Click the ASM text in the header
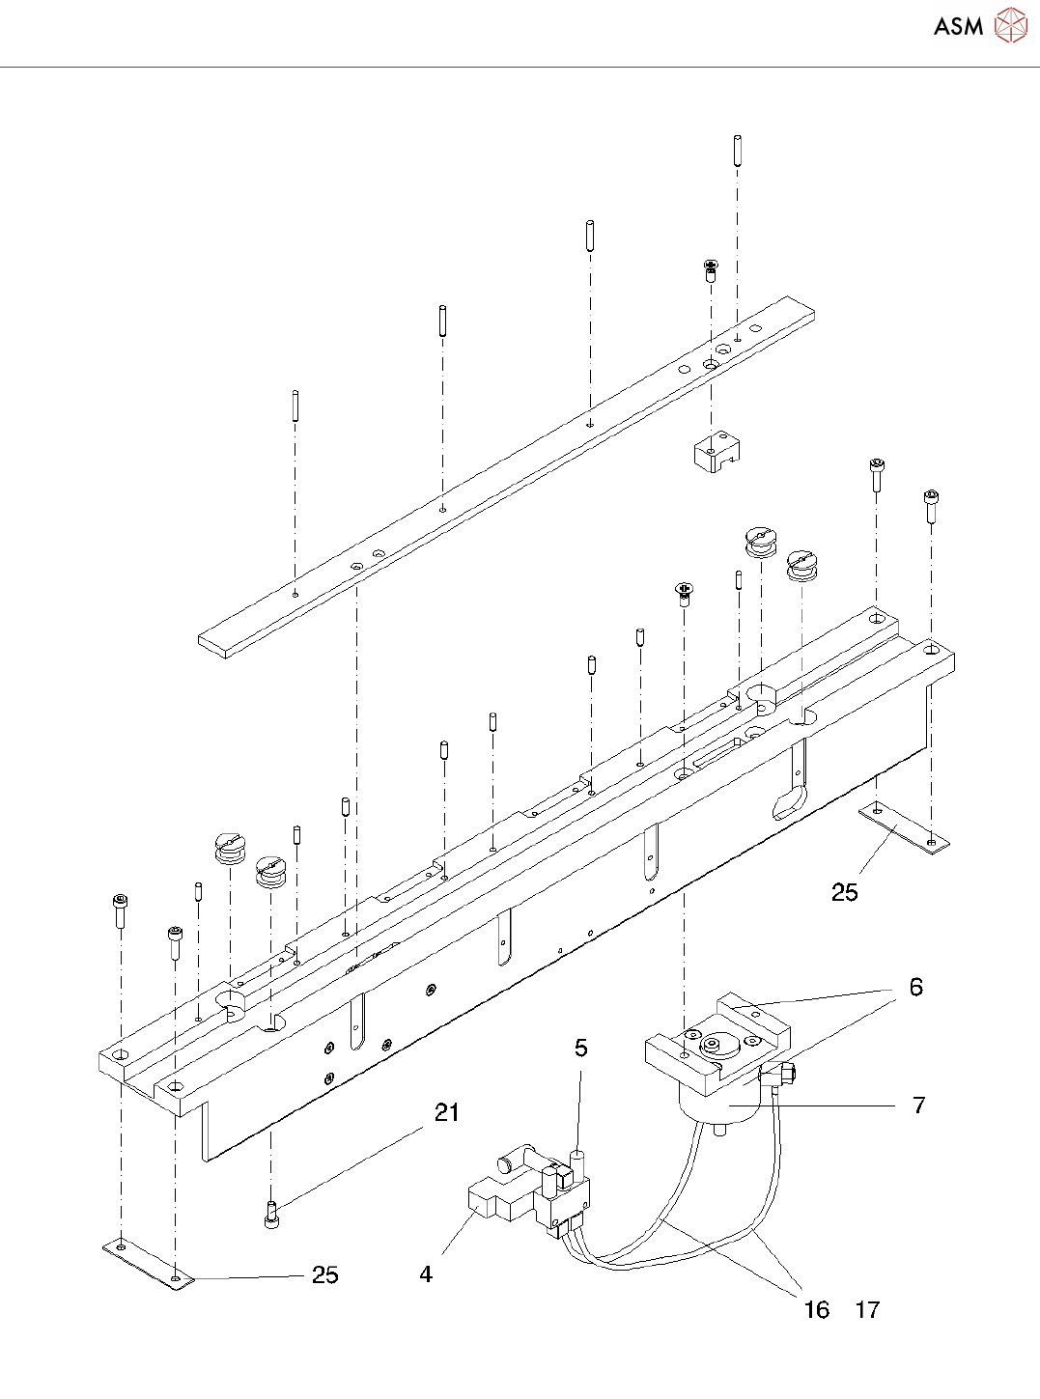pos(958,27)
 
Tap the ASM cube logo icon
pos(1011,26)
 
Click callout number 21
pos(446,1113)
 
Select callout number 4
pos(426,1274)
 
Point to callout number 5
pos(580,1049)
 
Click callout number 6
pos(915,987)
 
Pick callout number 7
pos(918,1105)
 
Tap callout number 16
pos(816,1310)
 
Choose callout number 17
pos(867,1310)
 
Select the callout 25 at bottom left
pos(325,1275)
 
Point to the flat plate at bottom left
pos(148,1262)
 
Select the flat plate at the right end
pos(904,829)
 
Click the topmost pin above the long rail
pos(737,151)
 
